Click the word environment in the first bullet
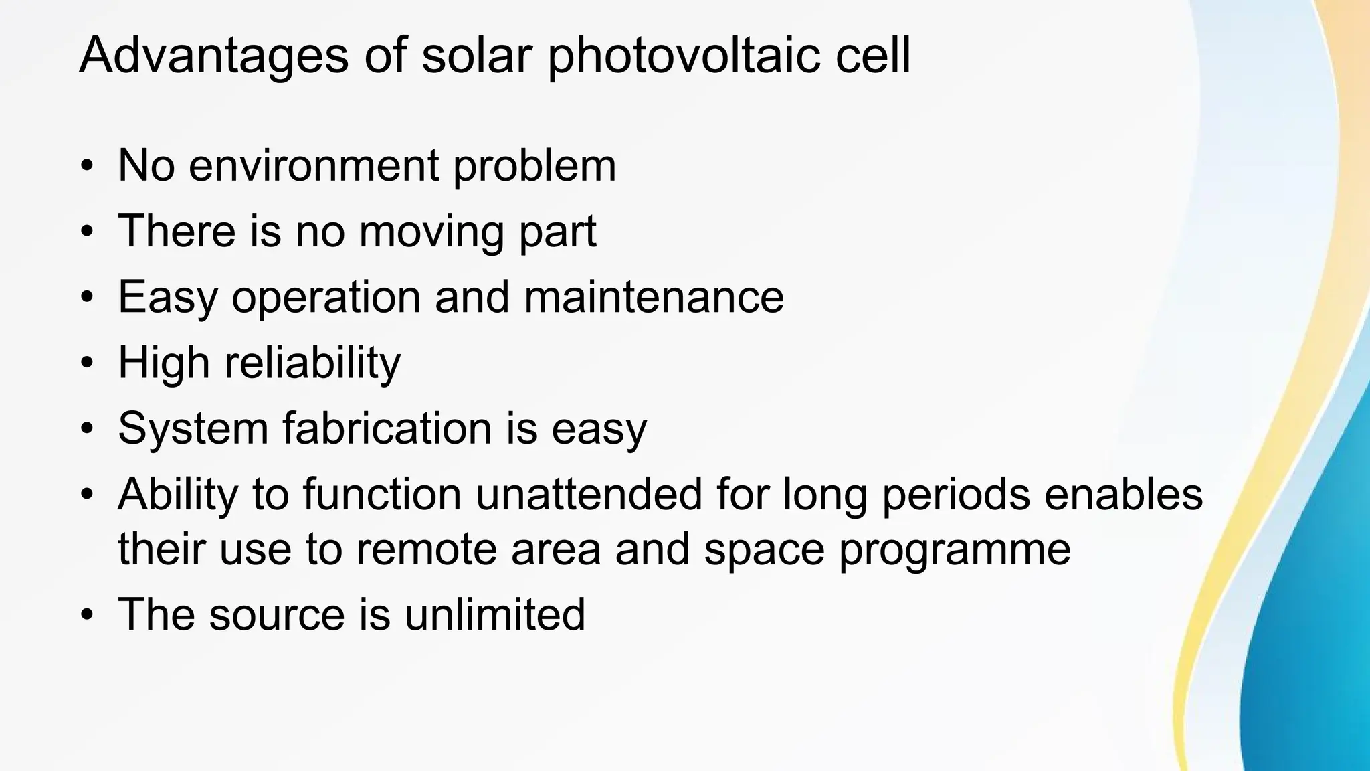tap(314, 165)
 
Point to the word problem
tap(534, 167)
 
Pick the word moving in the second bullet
tap(431, 232)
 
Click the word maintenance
tap(654, 296)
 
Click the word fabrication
tap(387, 428)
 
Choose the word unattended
tap(589, 494)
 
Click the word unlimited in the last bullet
tap(495, 614)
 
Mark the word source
tap(276, 615)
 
